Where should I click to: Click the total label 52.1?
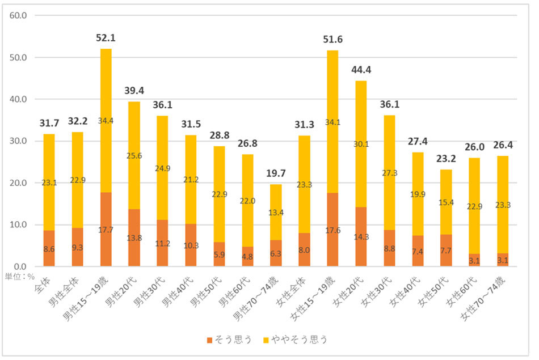coord(106,38)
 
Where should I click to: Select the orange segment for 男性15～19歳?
coord(106,230)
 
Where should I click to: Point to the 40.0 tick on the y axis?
coord(19,99)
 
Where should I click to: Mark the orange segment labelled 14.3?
coord(361,237)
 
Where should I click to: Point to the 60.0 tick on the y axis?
coord(19,15)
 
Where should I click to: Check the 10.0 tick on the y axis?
coord(19,225)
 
